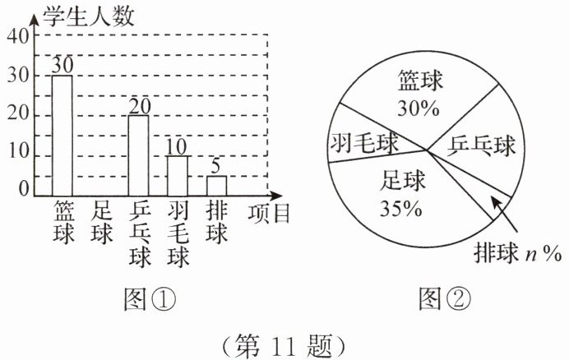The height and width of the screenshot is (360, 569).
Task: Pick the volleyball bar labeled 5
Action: [216, 187]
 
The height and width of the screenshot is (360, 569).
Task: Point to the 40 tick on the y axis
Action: [18, 36]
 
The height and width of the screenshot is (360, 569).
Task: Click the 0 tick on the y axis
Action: [24, 190]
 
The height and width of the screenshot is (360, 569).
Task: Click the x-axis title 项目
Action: [269, 214]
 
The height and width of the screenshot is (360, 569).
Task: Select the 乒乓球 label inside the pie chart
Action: [483, 146]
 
